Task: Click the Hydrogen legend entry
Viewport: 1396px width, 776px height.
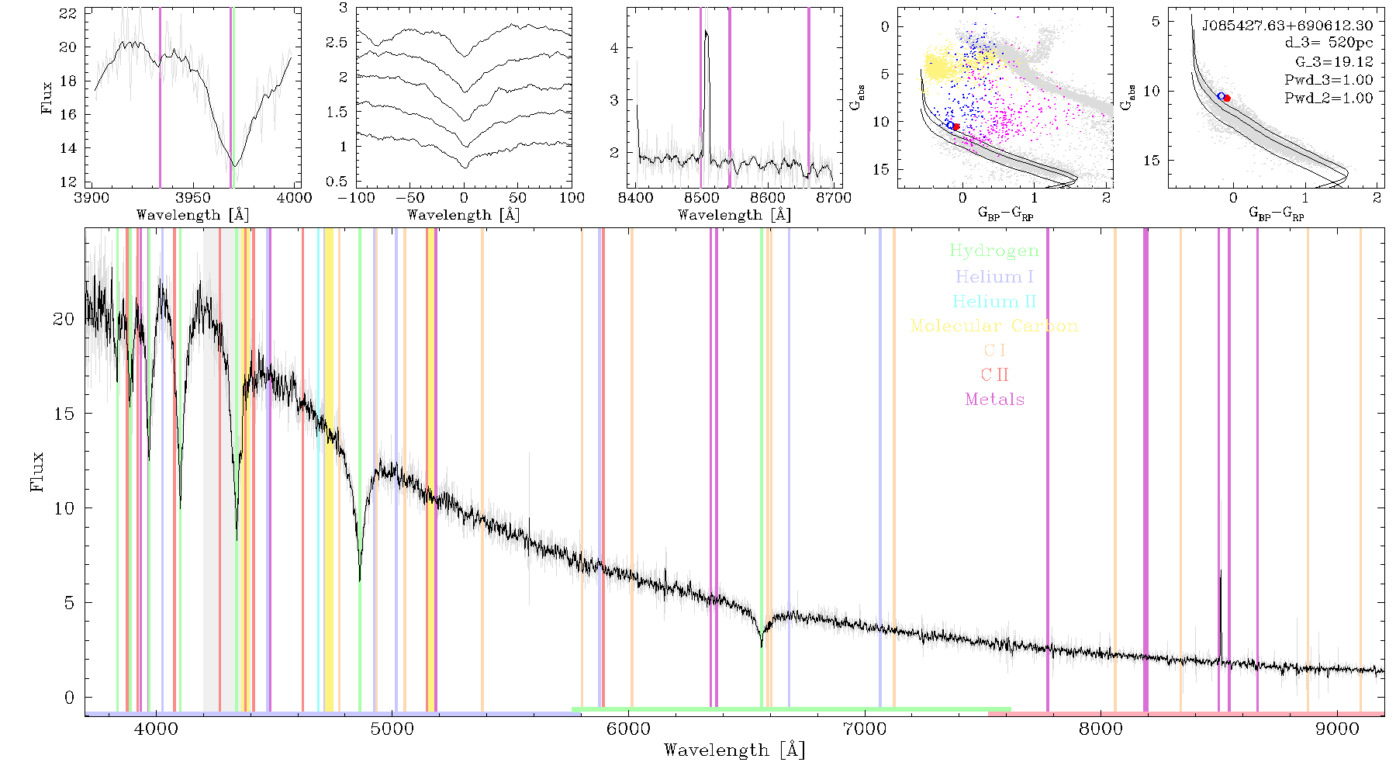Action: (x=994, y=251)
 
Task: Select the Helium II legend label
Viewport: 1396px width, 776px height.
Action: (x=994, y=301)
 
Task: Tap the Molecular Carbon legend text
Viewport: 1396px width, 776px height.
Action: (x=994, y=326)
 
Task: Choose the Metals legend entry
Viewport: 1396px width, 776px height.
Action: (x=994, y=400)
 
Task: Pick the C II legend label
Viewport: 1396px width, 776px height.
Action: (x=994, y=375)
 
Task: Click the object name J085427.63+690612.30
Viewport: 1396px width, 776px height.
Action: (x=1287, y=26)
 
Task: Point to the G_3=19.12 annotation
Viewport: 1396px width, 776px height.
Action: (x=1334, y=62)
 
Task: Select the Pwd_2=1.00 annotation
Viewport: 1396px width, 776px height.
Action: (x=1329, y=98)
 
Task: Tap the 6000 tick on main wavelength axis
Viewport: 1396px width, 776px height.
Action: (x=628, y=729)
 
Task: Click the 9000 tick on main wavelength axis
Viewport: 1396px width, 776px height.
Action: (x=1337, y=729)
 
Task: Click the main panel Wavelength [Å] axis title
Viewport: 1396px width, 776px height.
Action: (x=734, y=750)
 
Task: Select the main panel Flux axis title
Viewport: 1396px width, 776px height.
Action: (x=37, y=471)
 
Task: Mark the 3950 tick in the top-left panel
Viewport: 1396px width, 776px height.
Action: (x=193, y=197)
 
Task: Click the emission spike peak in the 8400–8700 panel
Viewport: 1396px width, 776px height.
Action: (x=706, y=31)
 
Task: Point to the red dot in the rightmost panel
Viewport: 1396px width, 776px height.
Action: (x=1227, y=98)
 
